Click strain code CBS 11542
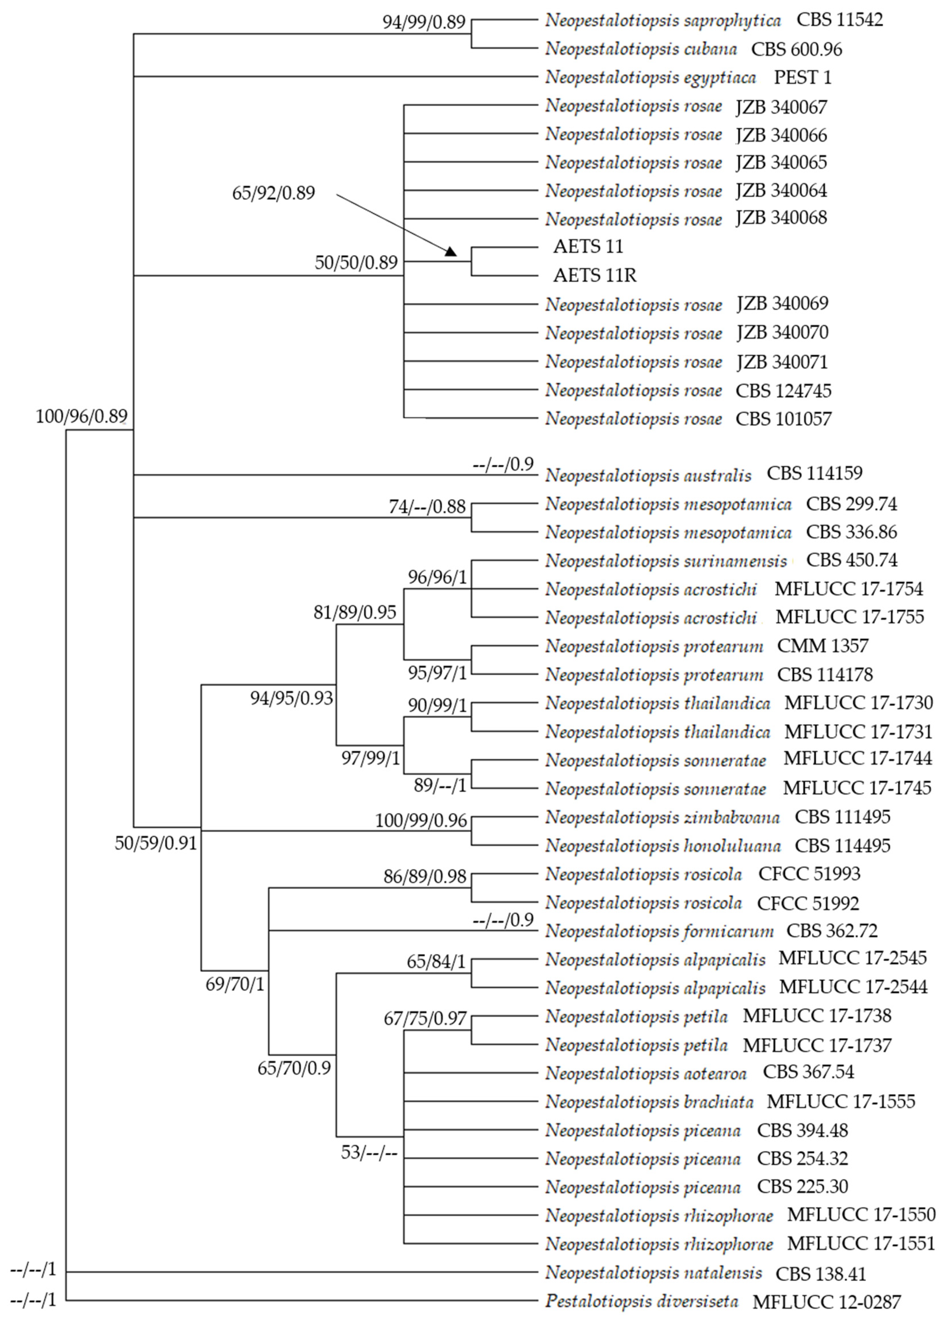click(x=839, y=20)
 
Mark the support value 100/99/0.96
click(x=421, y=820)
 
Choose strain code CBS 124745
click(x=783, y=391)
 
